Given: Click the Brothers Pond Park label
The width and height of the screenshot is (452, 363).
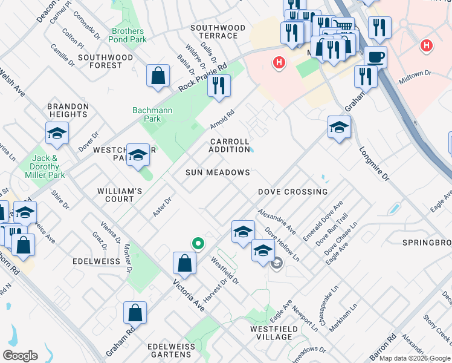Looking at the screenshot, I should [128, 35].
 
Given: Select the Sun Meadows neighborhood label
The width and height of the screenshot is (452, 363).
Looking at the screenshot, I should [218, 172].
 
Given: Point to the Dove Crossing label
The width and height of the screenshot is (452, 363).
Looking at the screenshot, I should [292, 192].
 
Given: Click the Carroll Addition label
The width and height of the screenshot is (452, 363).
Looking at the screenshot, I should [230, 145].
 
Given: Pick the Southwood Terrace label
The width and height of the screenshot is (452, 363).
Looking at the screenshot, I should [218, 32].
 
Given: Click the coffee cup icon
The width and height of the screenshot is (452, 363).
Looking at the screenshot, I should [375, 57].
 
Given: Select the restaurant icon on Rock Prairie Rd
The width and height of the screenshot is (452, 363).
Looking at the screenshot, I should [219, 85].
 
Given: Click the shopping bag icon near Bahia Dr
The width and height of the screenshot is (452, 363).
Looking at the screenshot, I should [158, 76].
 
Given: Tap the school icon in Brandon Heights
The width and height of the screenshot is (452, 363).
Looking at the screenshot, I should [57, 133].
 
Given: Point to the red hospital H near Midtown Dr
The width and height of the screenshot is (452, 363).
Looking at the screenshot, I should [427, 45].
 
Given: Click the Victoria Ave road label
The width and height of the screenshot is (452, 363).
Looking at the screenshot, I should [189, 295].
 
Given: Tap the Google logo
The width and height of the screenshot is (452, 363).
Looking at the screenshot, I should [20, 356].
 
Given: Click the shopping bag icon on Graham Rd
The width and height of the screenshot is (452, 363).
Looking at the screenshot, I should [135, 312].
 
